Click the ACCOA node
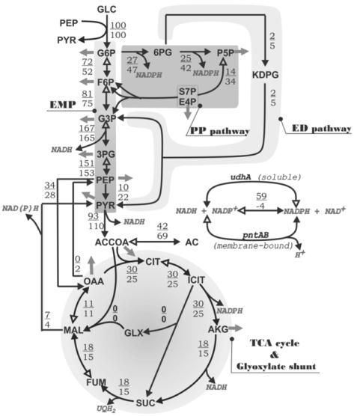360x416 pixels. point(114,243)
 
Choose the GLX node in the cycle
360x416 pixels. point(133,331)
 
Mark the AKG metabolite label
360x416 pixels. point(218,328)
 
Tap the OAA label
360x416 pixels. point(94,281)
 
